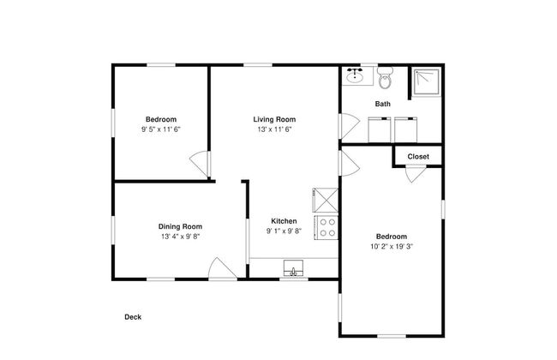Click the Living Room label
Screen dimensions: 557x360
click(x=274, y=119)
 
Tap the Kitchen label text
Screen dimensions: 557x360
click(x=284, y=221)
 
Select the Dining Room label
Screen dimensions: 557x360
click(x=180, y=227)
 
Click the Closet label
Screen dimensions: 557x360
click(x=418, y=157)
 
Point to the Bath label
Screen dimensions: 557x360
click(x=382, y=104)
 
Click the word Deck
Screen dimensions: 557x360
click(x=133, y=317)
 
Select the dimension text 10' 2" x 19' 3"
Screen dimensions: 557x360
click(x=392, y=246)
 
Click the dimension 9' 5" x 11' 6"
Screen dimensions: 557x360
click(x=161, y=129)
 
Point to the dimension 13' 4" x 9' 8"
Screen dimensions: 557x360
click(x=181, y=237)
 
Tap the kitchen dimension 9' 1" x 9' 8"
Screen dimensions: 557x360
click(x=284, y=231)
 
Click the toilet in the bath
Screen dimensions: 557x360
click(x=385, y=77)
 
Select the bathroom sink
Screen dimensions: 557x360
click(x=355, y=75)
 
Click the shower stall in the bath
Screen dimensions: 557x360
click(x=426, y=81)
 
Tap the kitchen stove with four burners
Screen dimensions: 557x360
click(x=326, y=227)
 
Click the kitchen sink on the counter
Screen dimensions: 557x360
click(x=293, y=268)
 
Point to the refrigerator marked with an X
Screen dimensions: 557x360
click(x=326, y=200)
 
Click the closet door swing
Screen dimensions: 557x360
click(x=416, y=174)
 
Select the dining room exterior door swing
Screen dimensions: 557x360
click(x=222, y=268)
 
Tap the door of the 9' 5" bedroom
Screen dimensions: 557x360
click(x=200, y=164)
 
